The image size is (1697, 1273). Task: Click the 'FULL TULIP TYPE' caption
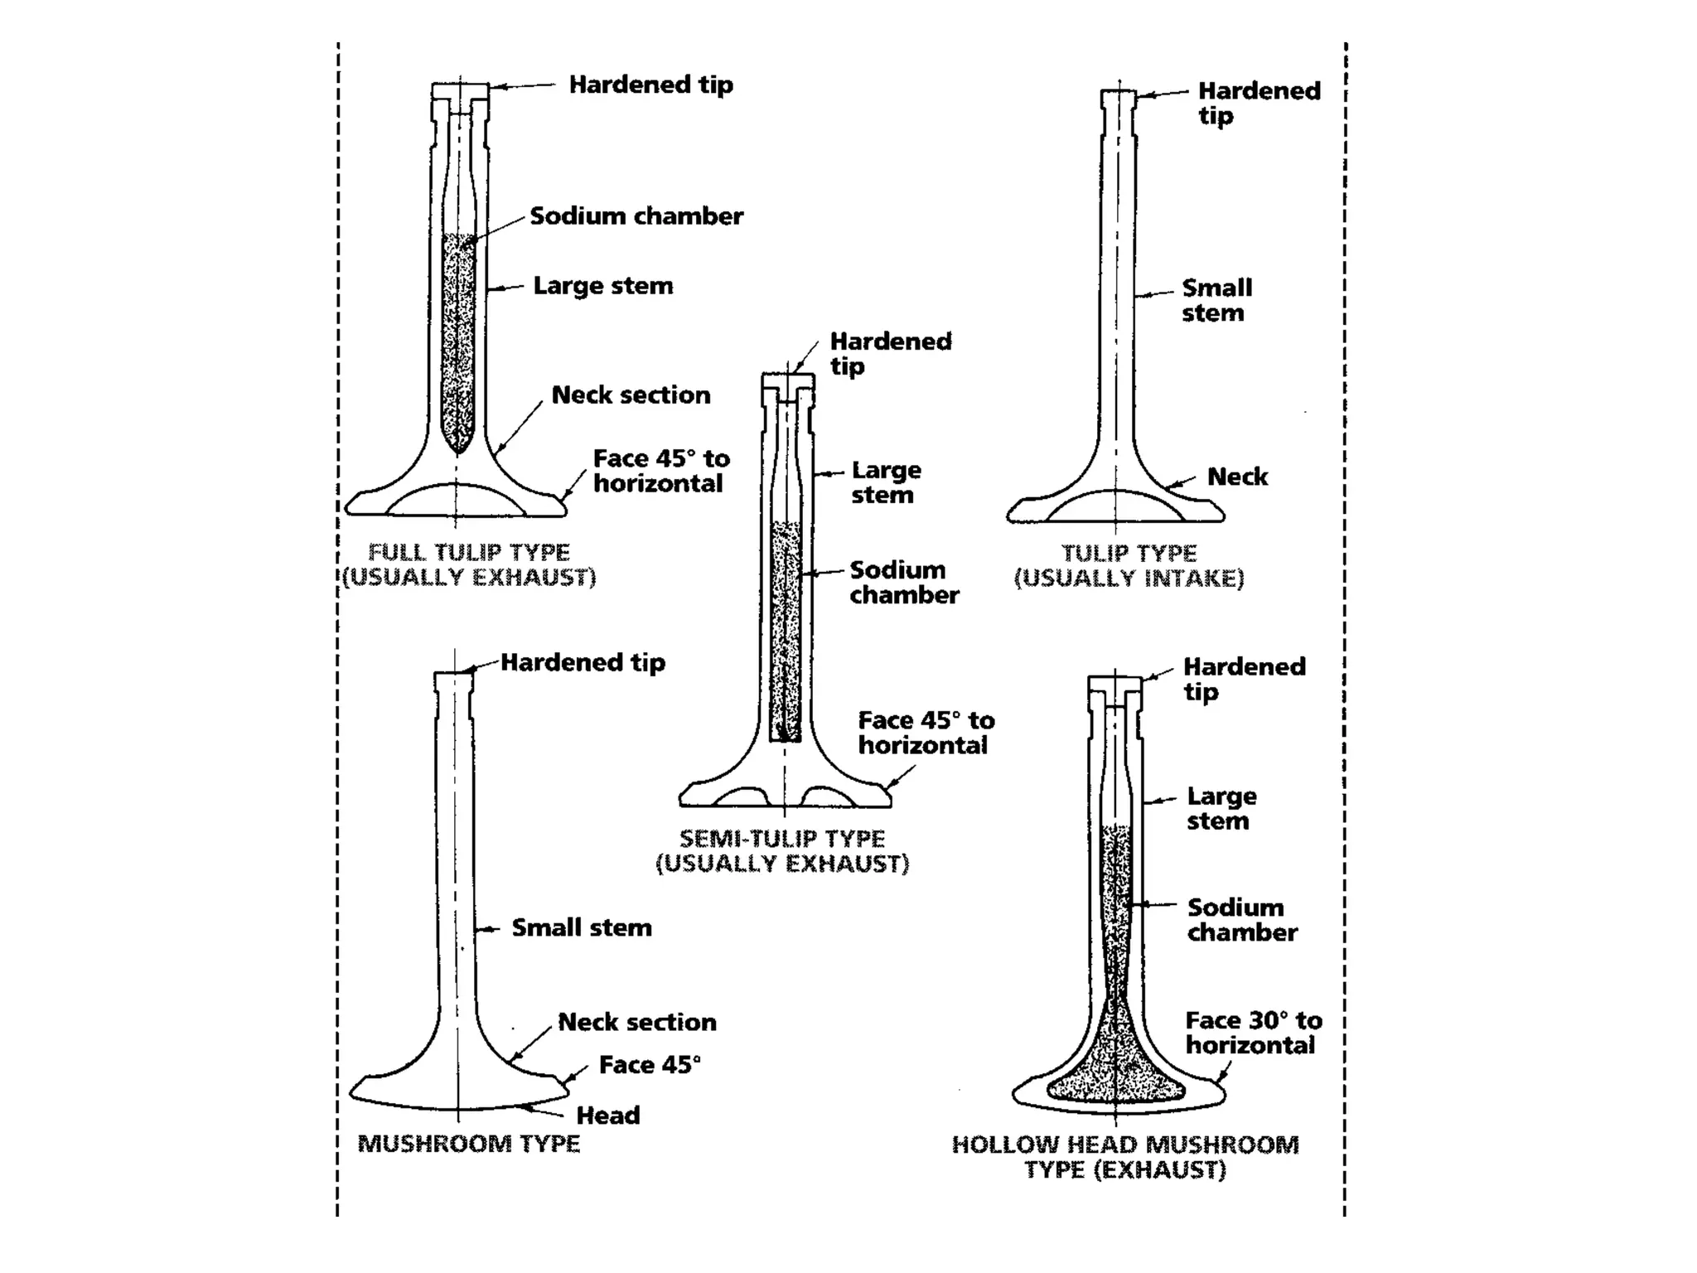469,553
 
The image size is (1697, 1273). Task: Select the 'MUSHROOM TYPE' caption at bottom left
468,1144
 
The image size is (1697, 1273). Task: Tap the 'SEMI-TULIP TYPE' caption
782,839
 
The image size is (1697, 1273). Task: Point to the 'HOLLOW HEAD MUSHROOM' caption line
1125,1145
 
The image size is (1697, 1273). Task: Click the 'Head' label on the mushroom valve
608,1116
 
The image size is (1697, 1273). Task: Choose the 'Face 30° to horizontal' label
1253,1033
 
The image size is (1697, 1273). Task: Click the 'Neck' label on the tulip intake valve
1237,477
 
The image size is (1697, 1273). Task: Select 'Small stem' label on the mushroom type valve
582,927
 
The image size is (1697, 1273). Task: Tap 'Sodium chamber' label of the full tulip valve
636,216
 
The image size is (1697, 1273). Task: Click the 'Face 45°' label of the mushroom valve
650,1065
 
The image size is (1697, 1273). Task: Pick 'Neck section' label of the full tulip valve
631,395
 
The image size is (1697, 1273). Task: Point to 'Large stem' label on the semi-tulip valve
886,482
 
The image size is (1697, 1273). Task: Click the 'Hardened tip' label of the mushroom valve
583,663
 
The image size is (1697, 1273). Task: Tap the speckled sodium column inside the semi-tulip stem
786,630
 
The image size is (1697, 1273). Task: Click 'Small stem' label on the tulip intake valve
1216,300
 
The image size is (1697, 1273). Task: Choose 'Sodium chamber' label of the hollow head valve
1241,920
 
